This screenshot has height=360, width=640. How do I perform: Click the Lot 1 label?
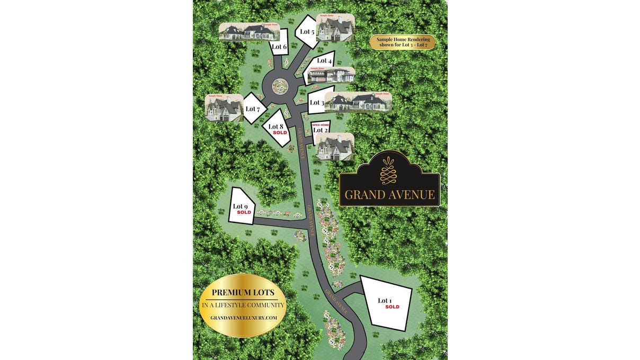tap(384, 301)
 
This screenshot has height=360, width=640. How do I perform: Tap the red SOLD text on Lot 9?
tap(244, 212)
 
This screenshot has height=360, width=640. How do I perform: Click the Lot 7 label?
tap(253, 109)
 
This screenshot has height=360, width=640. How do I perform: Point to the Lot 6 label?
tap(279, 47)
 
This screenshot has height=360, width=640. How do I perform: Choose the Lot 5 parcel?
tap(307, 32)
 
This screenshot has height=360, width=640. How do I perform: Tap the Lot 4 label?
tap(324, 60)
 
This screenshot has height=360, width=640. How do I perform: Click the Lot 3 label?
tap(316, 102)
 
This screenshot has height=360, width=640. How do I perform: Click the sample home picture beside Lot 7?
tap(224, 107)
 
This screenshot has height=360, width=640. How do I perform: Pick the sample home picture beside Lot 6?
tap(248, 31)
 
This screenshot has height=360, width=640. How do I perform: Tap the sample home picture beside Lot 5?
tap(335, 27)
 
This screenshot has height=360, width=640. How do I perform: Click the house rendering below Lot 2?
tap(334, 147)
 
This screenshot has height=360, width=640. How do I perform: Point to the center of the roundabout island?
tap(279, 85)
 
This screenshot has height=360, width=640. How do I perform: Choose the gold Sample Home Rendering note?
tap(402, 42)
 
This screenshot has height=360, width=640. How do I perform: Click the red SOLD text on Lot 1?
tap(392, 307)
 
